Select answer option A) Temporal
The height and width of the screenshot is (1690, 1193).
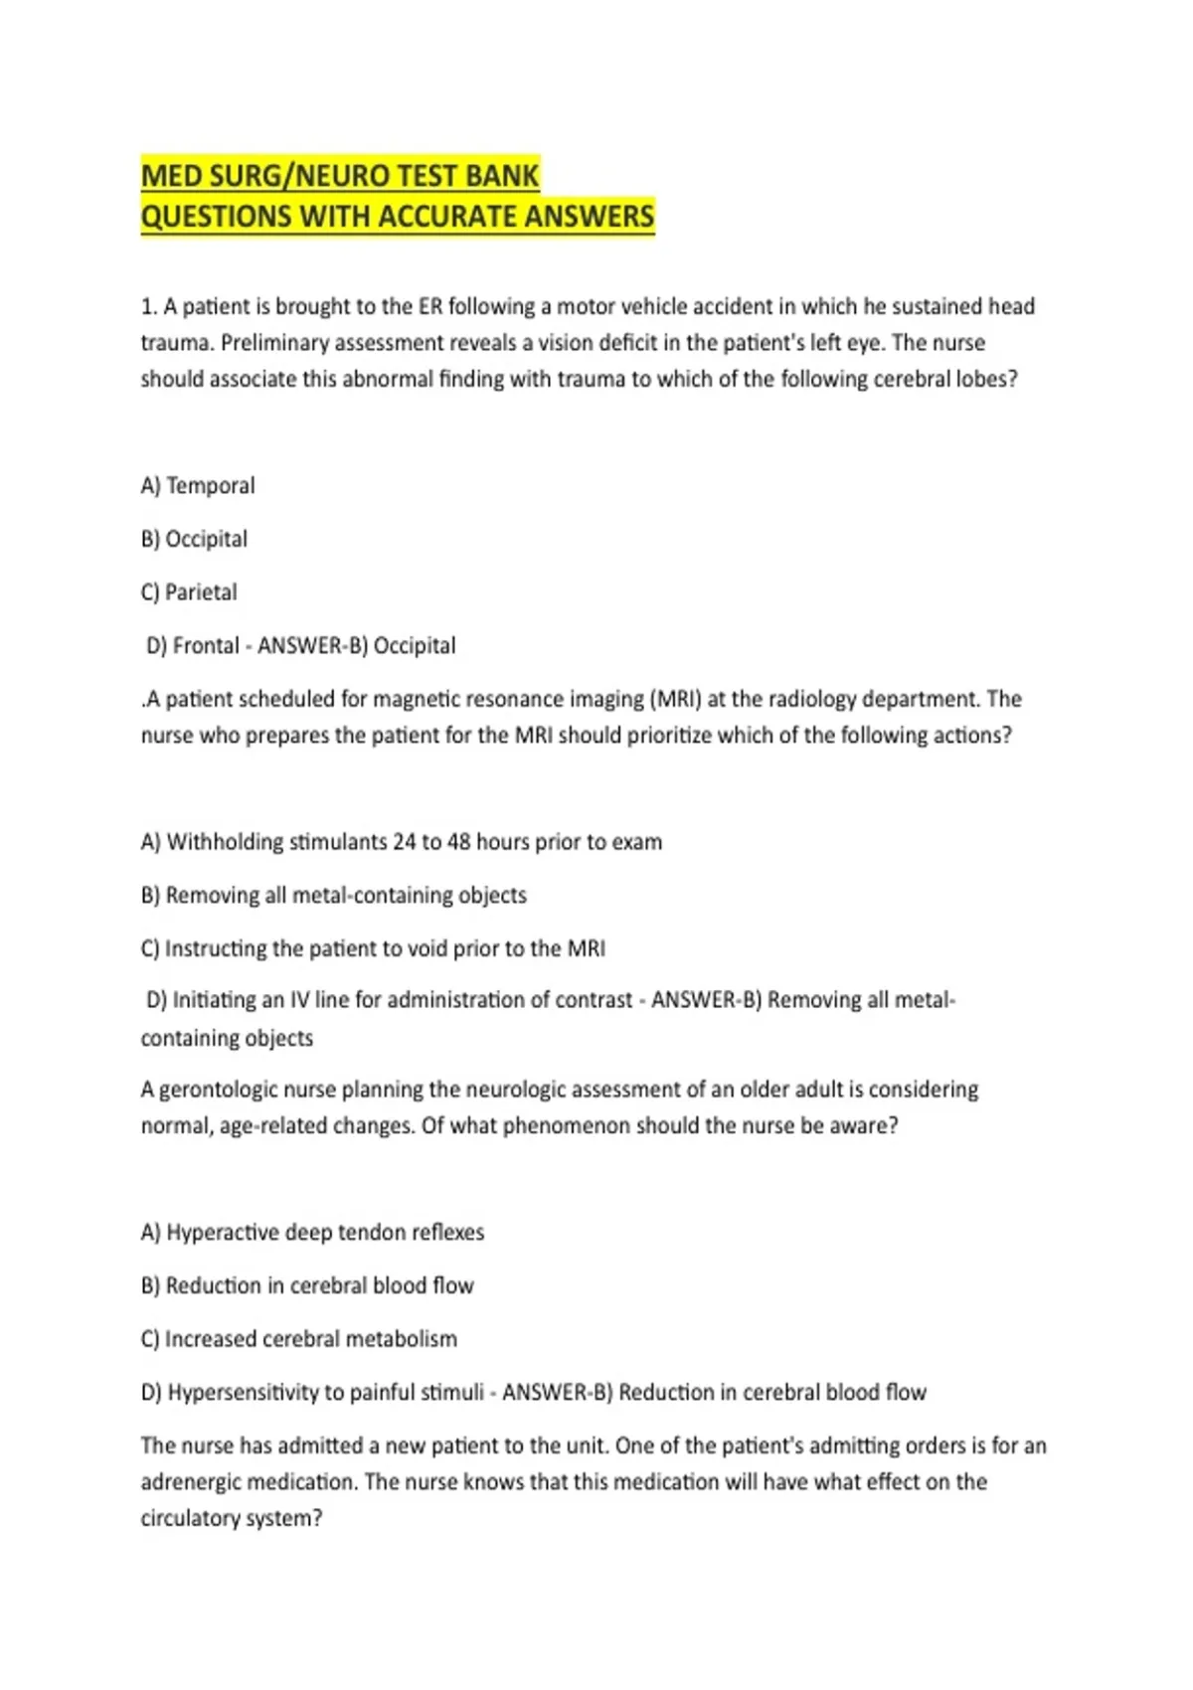198,485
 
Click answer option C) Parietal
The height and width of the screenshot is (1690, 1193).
189,591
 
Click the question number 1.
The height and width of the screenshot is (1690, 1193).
146,306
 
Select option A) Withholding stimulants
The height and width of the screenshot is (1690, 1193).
401,842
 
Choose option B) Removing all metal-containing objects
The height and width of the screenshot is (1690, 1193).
334,895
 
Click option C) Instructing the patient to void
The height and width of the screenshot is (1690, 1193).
373,948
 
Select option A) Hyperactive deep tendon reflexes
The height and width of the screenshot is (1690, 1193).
312,1233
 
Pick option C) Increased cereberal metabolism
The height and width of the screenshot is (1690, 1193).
299,1339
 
